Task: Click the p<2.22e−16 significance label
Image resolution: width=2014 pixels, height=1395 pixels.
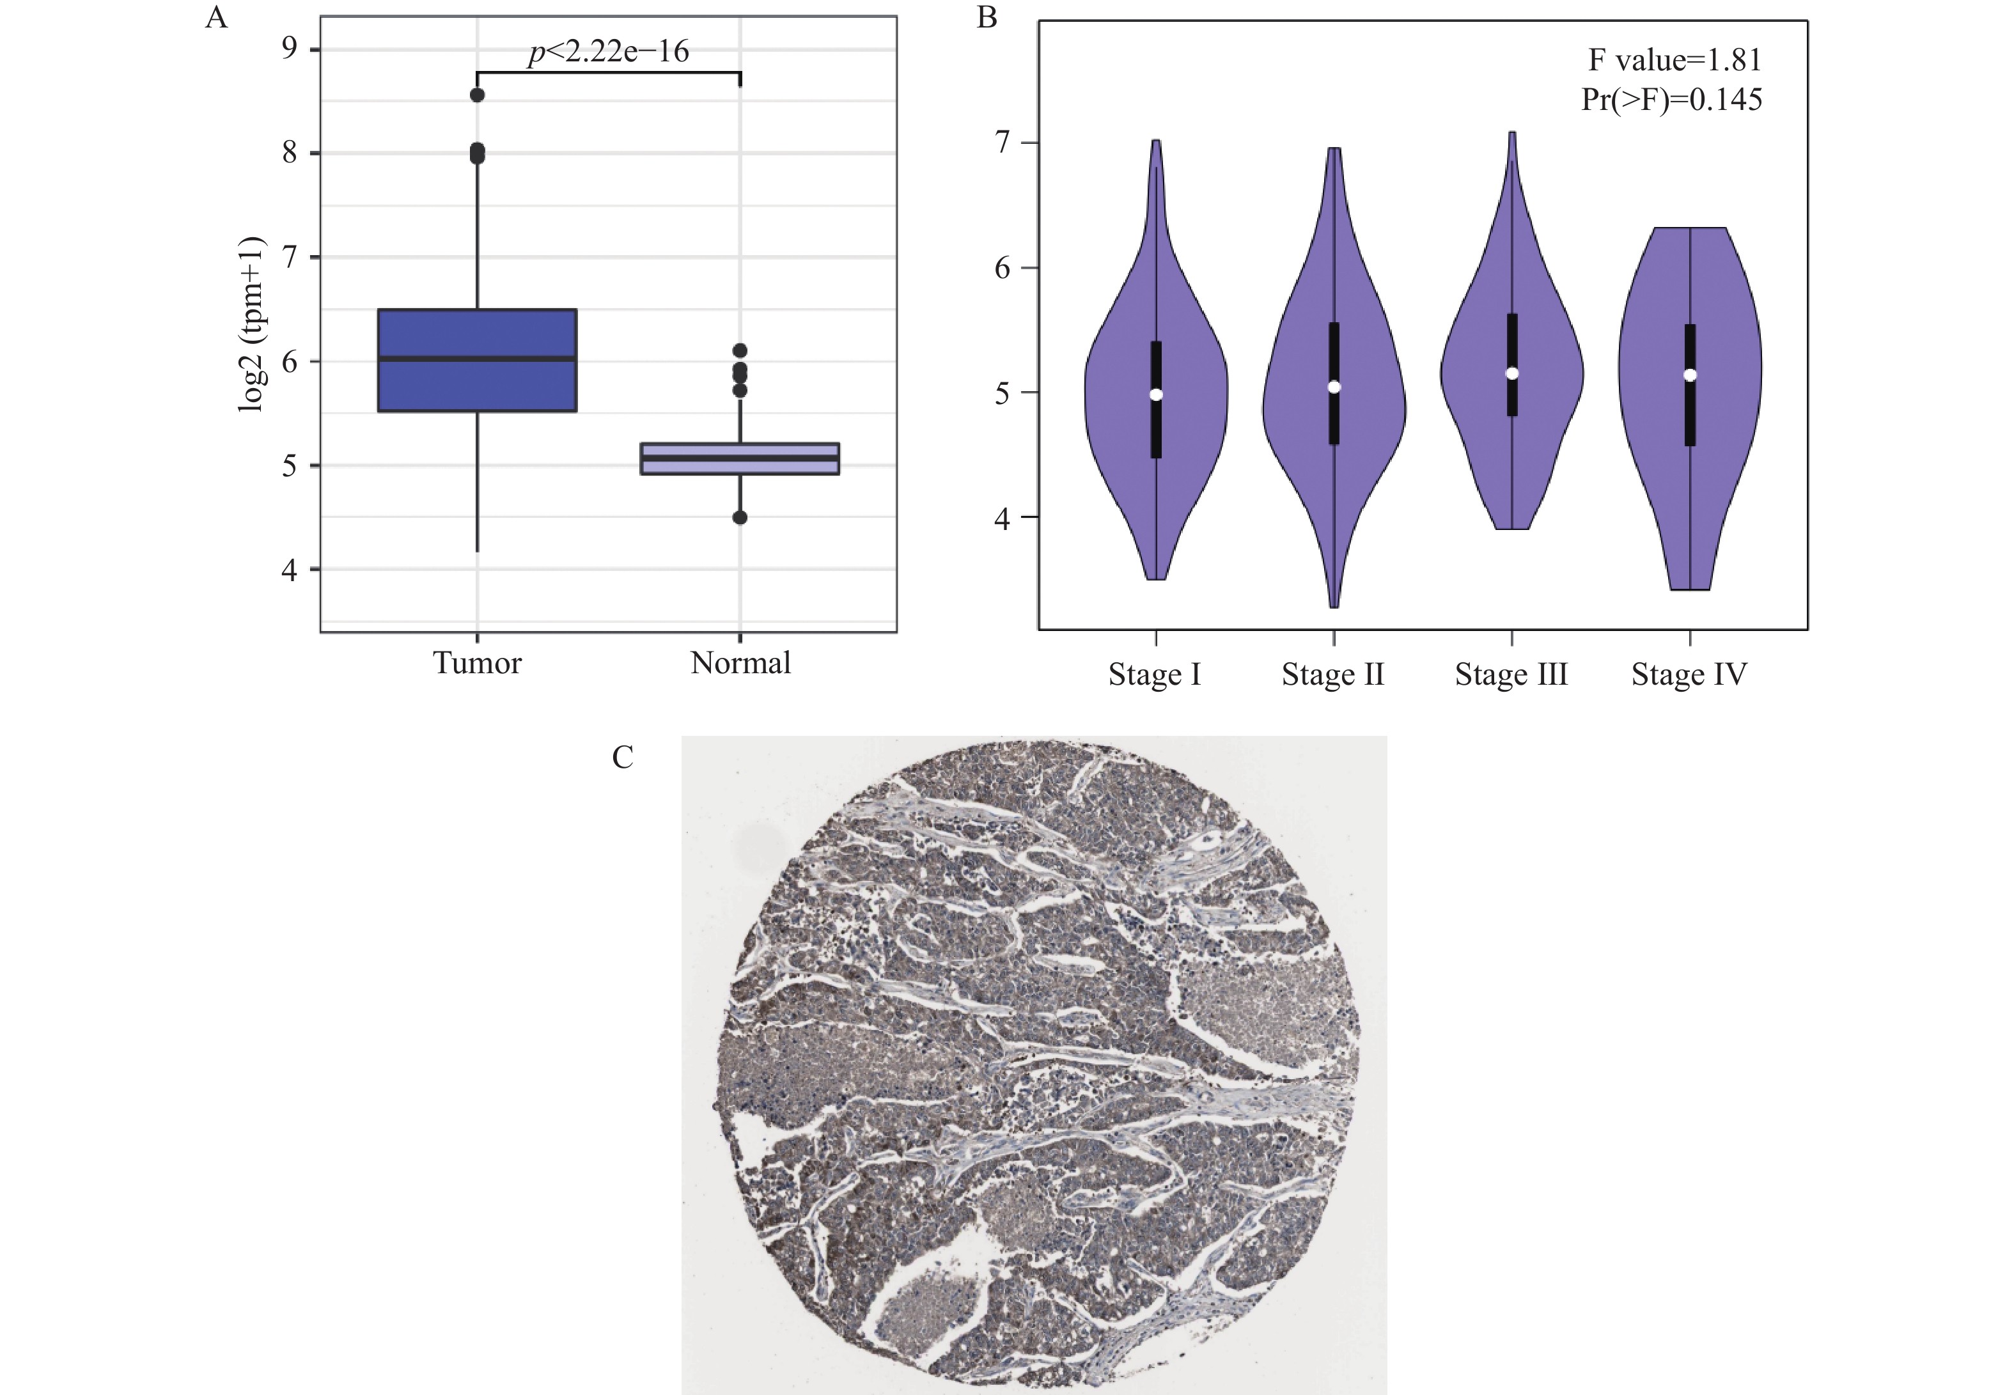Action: click(609, 52)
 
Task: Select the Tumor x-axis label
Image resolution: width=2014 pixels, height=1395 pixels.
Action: click(477, 662)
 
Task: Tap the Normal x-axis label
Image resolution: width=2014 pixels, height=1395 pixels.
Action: click(740, 662)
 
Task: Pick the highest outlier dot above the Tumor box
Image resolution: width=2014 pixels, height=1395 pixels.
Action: click(477, 95)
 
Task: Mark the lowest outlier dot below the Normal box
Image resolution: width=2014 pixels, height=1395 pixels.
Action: click(740, 517)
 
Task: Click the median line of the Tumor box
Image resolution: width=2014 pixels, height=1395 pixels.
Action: click(477, 359)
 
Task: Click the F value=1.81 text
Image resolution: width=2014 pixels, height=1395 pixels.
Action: click(1674, 59)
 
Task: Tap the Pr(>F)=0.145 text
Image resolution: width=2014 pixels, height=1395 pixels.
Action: click(1671, 98)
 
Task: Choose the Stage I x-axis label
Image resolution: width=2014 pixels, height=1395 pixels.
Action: click(1155, 674)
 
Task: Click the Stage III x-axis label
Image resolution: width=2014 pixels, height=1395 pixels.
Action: click(1511, 674)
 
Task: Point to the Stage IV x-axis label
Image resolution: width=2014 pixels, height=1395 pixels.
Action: click(1689, 674)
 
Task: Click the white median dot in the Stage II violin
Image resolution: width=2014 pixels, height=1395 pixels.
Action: click(1334, 386)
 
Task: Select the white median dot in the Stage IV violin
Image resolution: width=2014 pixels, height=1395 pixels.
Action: click(1690, 375)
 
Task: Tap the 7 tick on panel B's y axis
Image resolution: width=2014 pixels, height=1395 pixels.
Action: click(1003, 141)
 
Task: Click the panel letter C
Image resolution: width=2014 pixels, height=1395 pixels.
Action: click(622, 757)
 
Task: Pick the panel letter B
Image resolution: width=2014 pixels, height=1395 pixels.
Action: click(987, 17)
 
